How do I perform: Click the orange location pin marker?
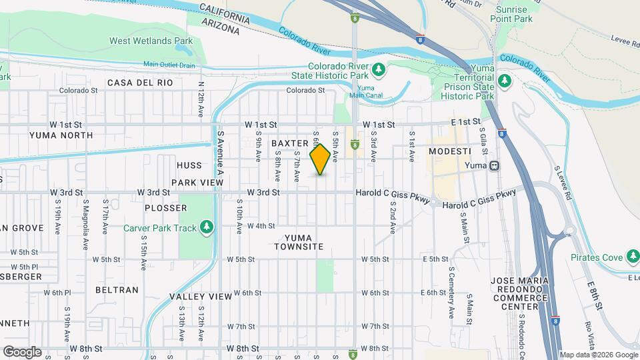point(321,159)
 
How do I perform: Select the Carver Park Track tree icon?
point(207,228)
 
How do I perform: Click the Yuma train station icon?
point(495,165)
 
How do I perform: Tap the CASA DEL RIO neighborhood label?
point(140,83)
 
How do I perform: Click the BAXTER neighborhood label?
point(289,143)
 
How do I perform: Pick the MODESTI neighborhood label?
point(451,151)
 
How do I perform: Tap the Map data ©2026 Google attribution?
point(598,355)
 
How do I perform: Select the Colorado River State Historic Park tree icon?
point(379,69)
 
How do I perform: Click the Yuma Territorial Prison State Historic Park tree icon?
point(504,81)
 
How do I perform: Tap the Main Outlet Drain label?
point(169,65)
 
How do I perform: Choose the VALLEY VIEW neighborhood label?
point(196,296)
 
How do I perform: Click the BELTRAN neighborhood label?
point(117,290)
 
